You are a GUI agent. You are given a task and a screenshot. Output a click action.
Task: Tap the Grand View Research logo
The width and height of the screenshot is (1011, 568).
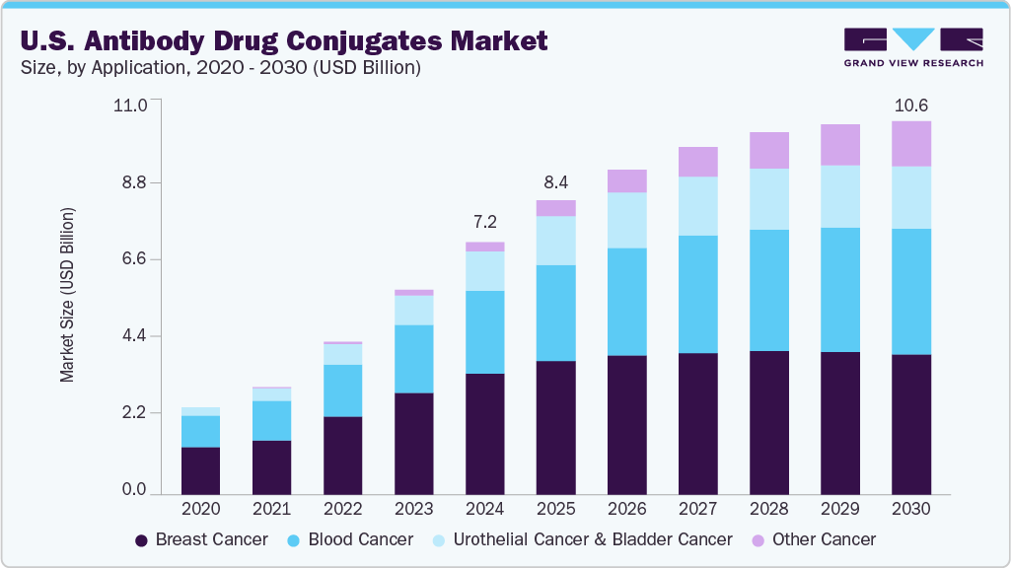912,46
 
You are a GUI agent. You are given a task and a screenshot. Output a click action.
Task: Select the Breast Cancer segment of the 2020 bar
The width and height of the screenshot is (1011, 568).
201,470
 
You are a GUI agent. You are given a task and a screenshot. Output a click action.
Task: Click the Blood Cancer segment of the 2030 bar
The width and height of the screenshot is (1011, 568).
910,291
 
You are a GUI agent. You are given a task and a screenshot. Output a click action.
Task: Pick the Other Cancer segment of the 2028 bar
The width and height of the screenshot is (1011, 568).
768,150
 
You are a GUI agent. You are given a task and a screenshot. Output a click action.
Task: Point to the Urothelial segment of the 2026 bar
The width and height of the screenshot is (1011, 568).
626,220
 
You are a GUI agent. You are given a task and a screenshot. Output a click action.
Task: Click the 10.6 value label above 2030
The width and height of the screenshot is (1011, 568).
910,106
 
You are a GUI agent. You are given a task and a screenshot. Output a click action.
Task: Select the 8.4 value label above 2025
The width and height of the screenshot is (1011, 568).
555,182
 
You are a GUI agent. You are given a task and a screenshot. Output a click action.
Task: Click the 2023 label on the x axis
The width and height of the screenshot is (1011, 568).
413,509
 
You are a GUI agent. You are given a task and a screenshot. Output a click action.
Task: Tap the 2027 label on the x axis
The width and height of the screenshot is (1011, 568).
697,509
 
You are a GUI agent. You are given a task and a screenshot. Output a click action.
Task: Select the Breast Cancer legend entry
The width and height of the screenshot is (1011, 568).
201,539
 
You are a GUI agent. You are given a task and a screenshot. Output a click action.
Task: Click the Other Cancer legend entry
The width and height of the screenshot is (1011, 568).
814,539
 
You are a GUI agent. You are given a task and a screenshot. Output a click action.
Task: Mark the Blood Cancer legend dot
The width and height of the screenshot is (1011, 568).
294,540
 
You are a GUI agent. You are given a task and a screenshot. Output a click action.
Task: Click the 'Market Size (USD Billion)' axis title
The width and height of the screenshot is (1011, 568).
67,296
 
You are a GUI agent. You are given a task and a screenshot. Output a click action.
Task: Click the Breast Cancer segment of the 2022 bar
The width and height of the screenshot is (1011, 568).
342,455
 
